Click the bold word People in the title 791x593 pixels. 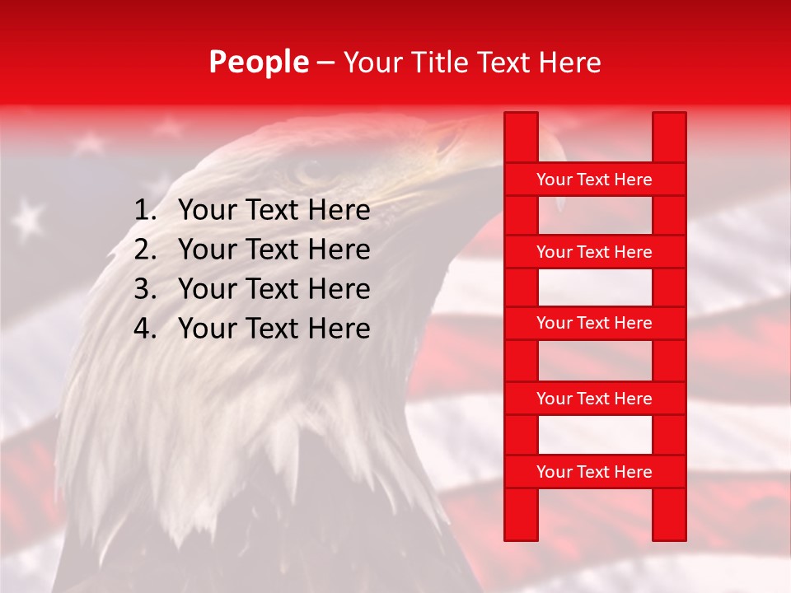tap(259, 63)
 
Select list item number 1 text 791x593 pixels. tap(274, 211)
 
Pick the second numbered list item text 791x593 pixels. tap(274, 250)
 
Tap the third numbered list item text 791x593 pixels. tap(274, 289)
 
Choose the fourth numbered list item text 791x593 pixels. tap(274, 329)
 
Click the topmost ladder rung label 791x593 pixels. tap(594, 180)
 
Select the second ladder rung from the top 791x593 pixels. tap(594, 252)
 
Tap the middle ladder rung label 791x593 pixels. tap(594, 323)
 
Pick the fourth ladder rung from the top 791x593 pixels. tap(594, 399)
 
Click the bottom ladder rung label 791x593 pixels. tap(594, 472)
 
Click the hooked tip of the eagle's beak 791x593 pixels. tap(560, 202)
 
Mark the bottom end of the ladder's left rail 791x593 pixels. tap(521, 536)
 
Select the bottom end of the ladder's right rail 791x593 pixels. tap(669, 536)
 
